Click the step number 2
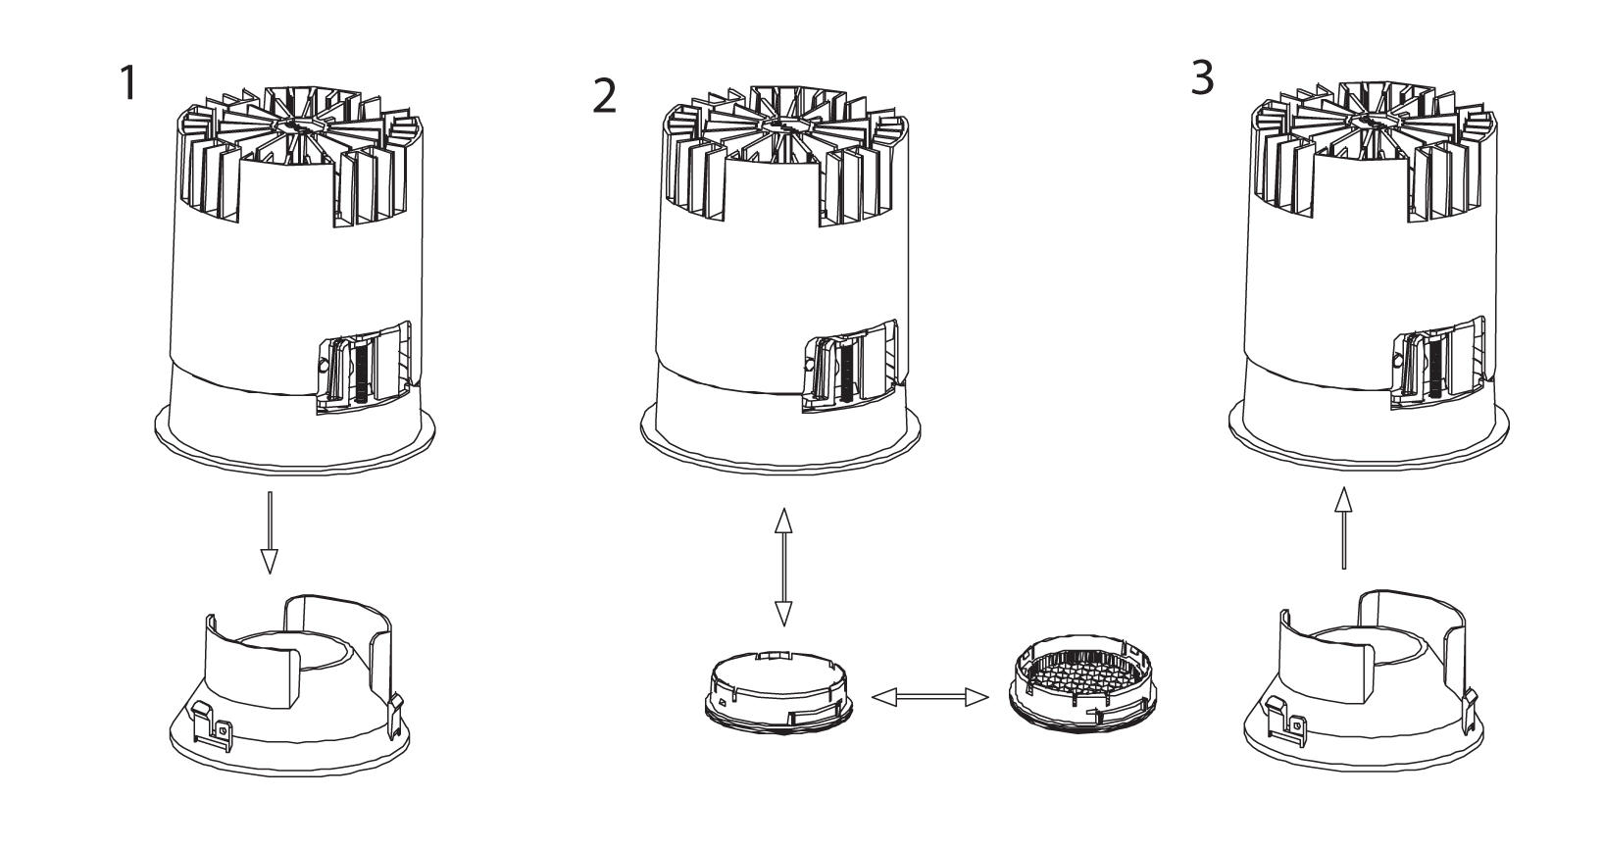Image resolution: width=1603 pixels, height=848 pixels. click(606, 96)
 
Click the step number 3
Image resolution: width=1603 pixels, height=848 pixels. click(1202, 79)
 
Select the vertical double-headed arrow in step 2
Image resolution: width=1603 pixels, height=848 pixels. click(782, 568)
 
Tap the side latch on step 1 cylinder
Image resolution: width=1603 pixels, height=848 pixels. click(365, 370)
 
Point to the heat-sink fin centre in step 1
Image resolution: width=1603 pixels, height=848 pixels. click(295, 125)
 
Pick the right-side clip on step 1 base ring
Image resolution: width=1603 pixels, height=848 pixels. click(396, 711)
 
